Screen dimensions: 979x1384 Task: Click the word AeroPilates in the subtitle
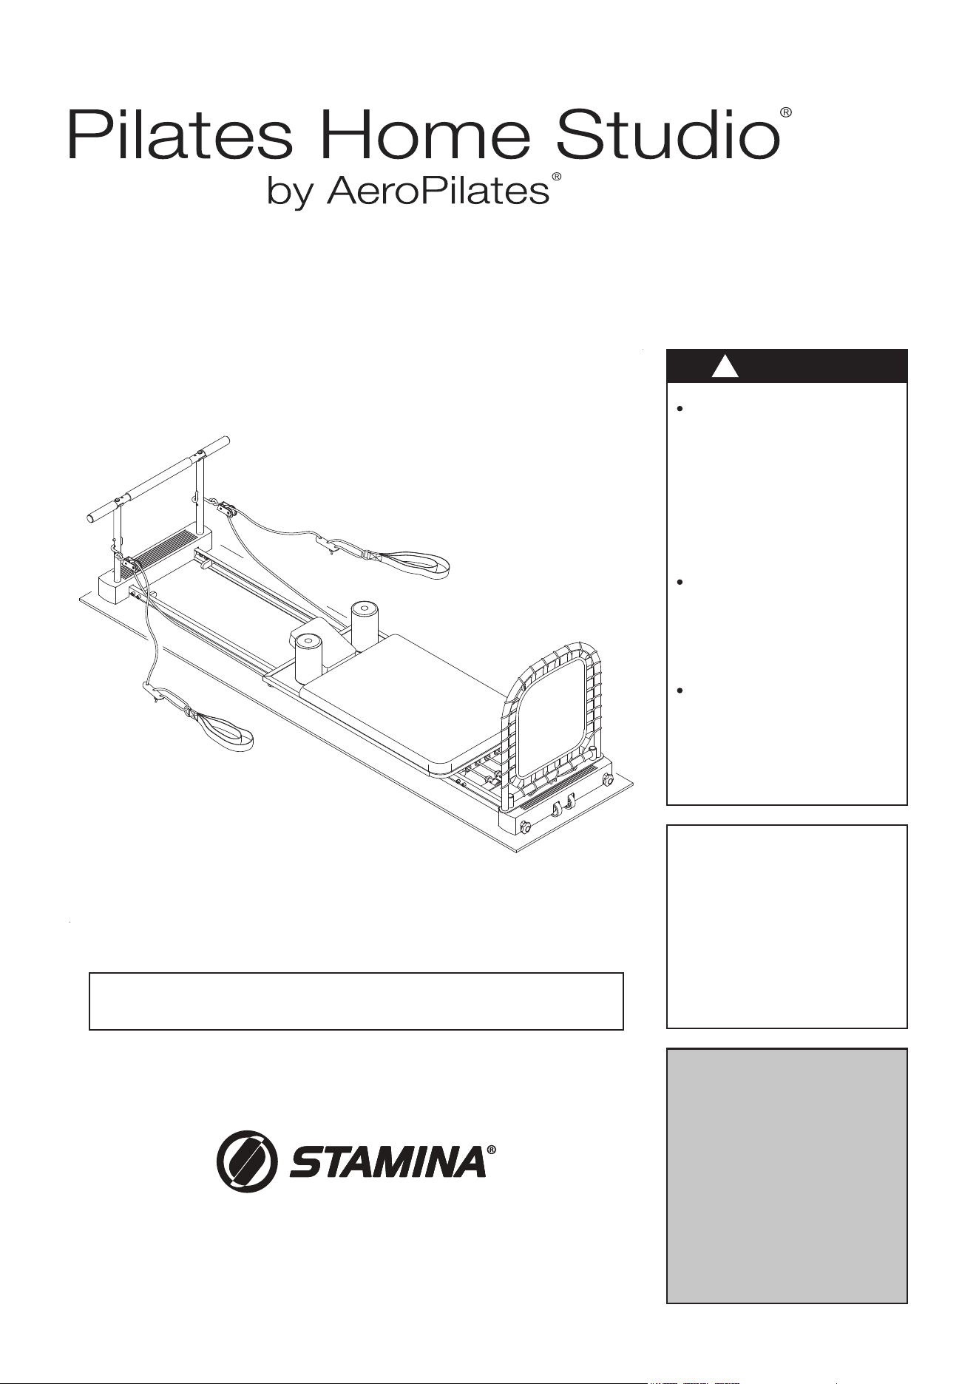(x=438, y=191)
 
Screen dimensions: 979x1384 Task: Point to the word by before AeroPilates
(x=291, y=193)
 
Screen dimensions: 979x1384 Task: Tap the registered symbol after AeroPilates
(x=557, y=178)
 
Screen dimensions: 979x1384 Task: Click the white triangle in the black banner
(x=725, y=367)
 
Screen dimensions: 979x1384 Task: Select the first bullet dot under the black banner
(x=678, y=408)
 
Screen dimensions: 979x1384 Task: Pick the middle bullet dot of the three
(x=678, y=583)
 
